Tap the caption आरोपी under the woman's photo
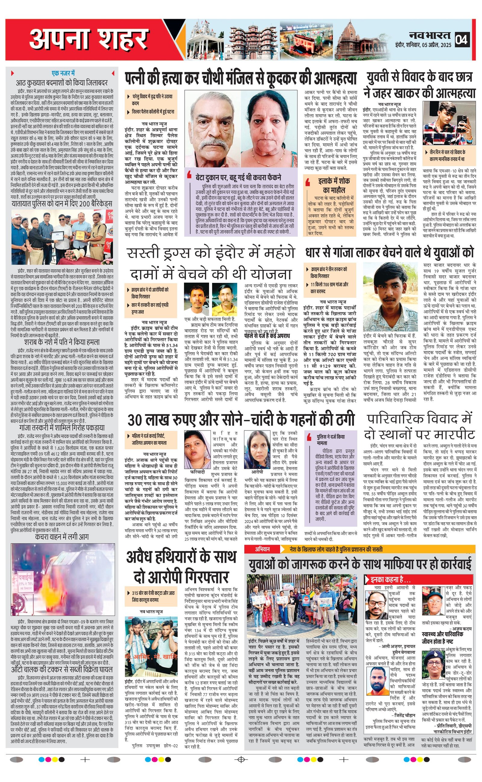pos(257,471)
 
